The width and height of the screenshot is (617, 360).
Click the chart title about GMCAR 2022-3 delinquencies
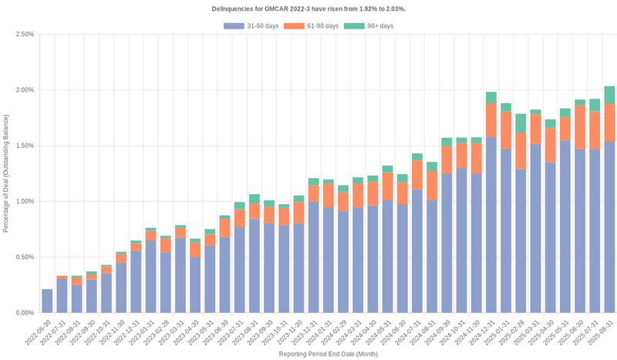[x=308, y=8]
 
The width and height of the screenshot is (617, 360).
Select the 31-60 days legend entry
[x=251, y=26]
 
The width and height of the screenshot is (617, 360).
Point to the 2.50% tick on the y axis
[x=24, y=35]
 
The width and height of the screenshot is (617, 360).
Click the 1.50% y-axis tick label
[x=24, y=146]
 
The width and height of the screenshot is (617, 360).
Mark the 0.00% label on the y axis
[x=24, y=313]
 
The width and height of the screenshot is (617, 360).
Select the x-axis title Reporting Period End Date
[x=328, y=354]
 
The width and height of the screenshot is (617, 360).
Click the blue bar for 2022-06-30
[x=47, y=301]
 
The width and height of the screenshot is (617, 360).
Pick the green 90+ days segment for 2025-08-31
[x=609, y=94]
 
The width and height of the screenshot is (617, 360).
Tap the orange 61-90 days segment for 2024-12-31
[x=491, y=119]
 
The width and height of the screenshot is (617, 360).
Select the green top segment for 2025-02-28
[x=521, y=123]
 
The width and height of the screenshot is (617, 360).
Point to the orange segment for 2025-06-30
[x=580, y=127]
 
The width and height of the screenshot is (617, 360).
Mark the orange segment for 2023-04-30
[x=195, y=250]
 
